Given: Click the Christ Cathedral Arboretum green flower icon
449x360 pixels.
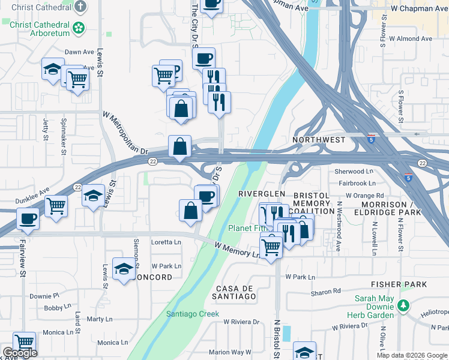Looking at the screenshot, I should tap(78, 28).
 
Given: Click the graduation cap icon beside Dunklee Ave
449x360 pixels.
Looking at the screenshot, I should tap(93, 196).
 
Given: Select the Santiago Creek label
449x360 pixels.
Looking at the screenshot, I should tap(193, 314).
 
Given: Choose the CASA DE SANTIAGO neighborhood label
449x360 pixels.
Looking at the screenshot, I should tap(236, 292).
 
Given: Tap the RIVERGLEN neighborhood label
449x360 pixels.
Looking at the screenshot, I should tap(261, 194).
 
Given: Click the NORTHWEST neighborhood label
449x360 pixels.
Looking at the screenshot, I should tap(319, 140).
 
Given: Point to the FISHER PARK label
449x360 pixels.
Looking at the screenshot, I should tap(399, 284).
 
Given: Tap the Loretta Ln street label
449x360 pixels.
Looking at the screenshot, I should tap(166, 242).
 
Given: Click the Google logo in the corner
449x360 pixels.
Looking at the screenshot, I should tap(20, 353).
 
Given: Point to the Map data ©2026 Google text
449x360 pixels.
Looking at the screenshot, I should tap(411, 355).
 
